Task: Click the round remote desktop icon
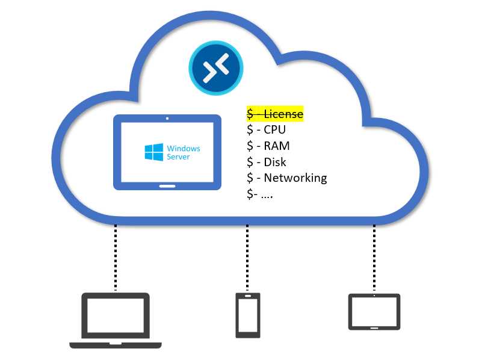pyautogui.click(x=215, y=69)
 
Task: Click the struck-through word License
pyautogui.click(x=283, y=114)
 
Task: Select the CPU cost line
pyautogui.click(x=266, y=130)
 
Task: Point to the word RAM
pyautogui.click(x=277, y=146)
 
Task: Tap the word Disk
pyautogui.click(x=275, y=162)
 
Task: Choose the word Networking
pyautogui.click(x=295, y=178)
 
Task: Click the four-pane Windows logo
pyautogui.click(x=153, y=152)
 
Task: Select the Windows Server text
pyautogui.click(x=183, y=152)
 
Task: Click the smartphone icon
pyautogui.click(x=247, y=315)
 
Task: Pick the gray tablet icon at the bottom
pyautogui.click(x=374, y=312)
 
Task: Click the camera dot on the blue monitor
pyautogui.click(x=167, y=118)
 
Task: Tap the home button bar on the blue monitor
pyautogui.click(x=167, y=186)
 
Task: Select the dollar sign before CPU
pyautogui.click(x=250, y=130)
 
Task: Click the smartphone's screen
pyautogui.click(x=247, y=315)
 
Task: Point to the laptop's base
pyautogui.click(x=116, y=345)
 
